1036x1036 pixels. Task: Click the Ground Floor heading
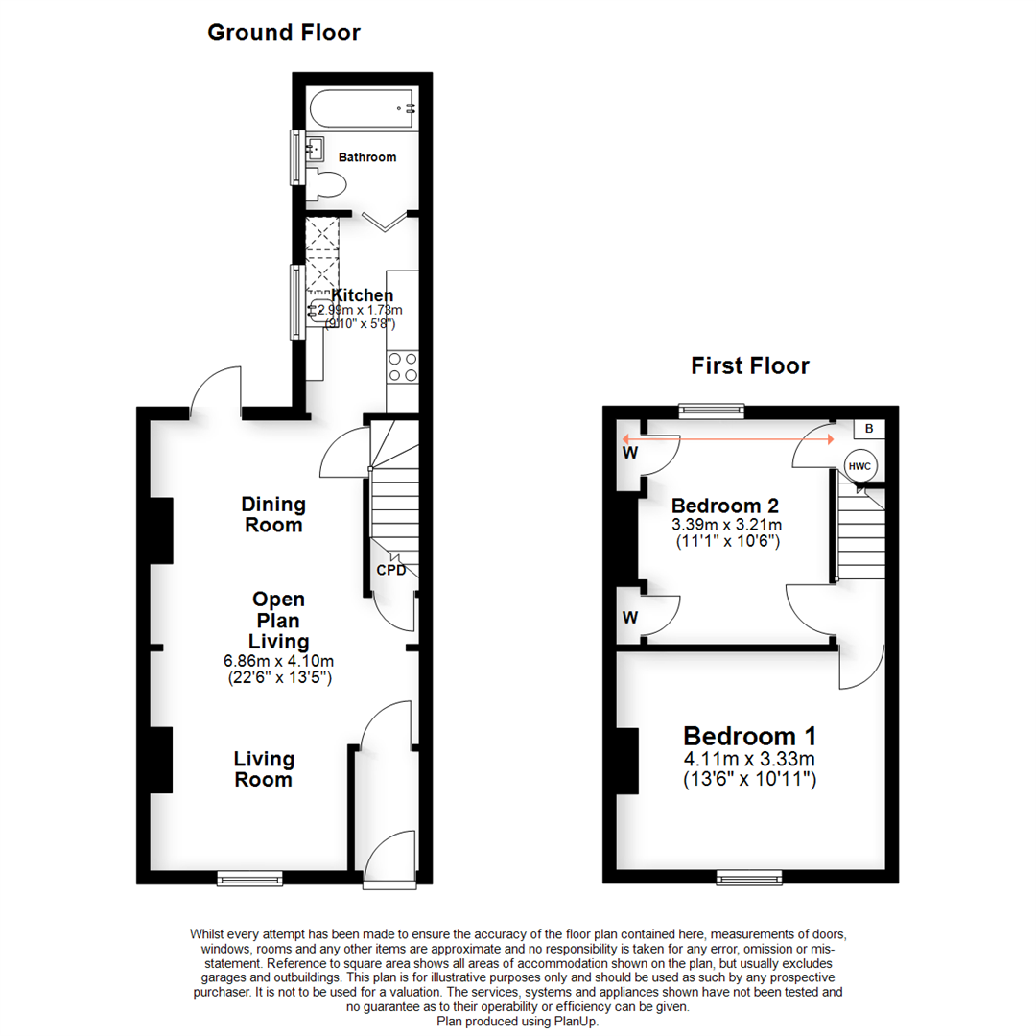pos(284,33)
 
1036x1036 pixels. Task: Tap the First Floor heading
pos(750,365)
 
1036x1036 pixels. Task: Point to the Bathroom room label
pos(366,157)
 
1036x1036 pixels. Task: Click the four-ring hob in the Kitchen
pos(401,367)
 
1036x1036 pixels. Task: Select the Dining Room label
pos(273,514)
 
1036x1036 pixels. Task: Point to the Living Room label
pos(264,769)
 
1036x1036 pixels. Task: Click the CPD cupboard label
pos(389,571)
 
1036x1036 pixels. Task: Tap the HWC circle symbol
pos(859,465)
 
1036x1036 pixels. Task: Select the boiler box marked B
pos(869,429)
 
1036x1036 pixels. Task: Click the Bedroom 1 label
pos(749,737)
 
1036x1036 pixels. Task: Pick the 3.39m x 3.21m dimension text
pos(726,525)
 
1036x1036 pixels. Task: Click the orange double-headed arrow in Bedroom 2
pos(727,438)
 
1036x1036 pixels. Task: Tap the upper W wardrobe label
pos(629,452)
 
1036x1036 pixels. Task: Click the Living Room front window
pos(249,877)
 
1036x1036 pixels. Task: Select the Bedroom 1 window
pos(749,877)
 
